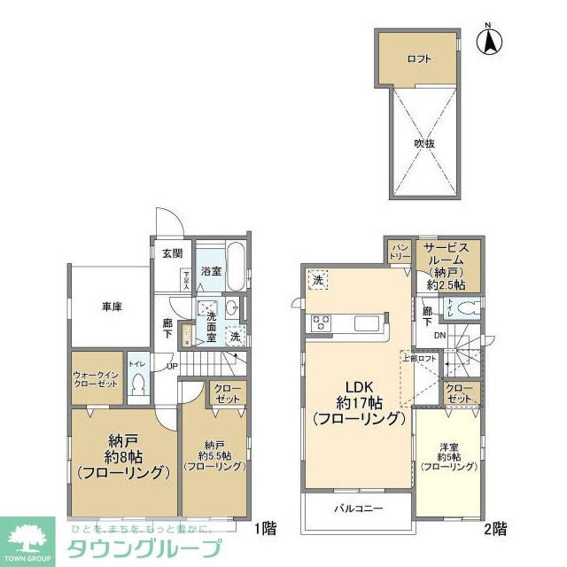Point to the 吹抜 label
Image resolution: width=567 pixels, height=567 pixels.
424,144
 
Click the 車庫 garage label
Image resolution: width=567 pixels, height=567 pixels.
112,307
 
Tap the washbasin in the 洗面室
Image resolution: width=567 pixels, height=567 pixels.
231,309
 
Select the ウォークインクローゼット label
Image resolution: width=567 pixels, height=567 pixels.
95,379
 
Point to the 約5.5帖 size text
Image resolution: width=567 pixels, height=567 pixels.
214,455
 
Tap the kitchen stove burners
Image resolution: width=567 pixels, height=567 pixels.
319,324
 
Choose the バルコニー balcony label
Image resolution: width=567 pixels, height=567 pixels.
358,509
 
